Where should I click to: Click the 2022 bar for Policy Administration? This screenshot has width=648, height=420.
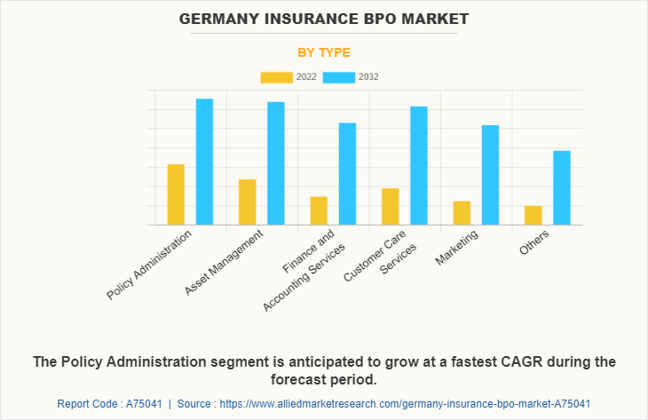pos(176,194)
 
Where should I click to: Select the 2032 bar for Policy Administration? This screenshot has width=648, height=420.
pos(204,162)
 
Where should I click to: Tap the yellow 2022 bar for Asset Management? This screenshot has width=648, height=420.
pos(247,202)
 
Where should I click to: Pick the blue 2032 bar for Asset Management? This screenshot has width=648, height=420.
pos(276,163)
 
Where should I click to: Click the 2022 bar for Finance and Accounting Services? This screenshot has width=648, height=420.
pos(319,210)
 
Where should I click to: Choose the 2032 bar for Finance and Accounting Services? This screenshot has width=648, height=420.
pos(347,174)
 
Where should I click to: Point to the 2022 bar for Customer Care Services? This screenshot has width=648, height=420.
pos(390,206)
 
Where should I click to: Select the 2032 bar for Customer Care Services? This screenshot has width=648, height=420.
pos(419,165)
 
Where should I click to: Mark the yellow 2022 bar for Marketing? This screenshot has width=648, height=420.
pos(462,213)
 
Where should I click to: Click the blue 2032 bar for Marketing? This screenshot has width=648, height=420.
pos(490,175)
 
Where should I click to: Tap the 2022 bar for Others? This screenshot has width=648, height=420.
pos(533,215)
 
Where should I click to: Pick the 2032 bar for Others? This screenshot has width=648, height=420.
pos(562,187)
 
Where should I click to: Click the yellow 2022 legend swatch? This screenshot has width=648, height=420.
pos(276,77)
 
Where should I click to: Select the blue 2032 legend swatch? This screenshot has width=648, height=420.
pos(338,77)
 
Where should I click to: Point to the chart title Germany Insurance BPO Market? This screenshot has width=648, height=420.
pos(324,19)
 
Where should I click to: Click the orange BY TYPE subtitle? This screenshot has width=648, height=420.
pos(324,52)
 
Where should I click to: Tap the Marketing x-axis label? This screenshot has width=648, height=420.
pos(458,248)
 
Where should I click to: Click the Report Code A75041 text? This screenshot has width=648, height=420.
pos(113,403)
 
